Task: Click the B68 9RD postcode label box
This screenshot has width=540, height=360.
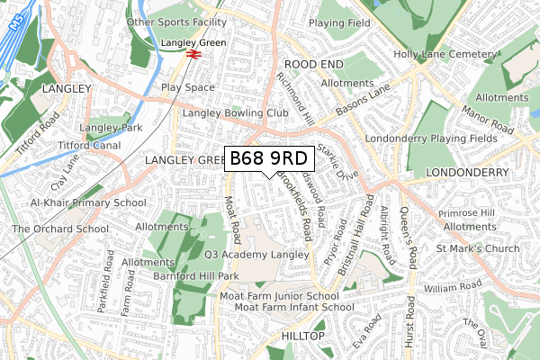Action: [268, 158]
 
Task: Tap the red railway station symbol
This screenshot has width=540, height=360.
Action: [193, 55]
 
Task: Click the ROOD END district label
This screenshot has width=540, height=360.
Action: [313, 65]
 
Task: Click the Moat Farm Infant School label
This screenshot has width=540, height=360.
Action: [281, 308]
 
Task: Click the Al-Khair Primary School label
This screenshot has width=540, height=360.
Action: [87, 203]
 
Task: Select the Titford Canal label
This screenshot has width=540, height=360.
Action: [89, 145]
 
